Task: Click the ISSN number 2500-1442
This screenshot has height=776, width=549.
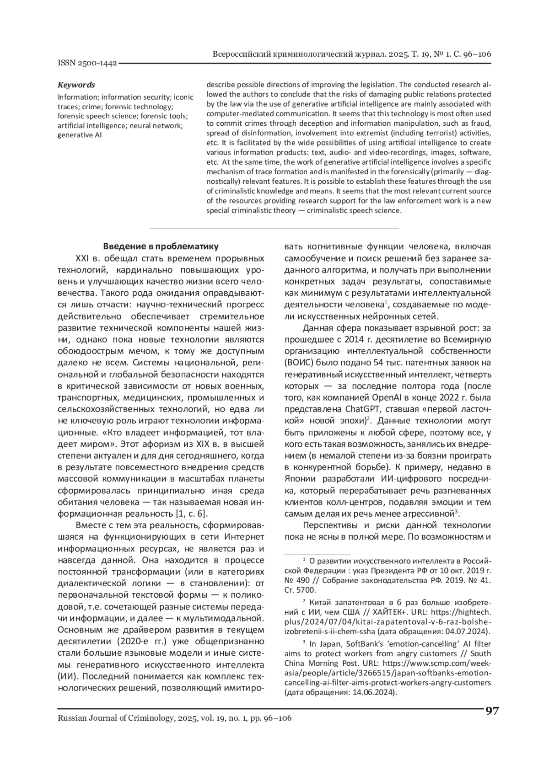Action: [x=87, y=63]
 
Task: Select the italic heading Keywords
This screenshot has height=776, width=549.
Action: [x=76, y=85]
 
